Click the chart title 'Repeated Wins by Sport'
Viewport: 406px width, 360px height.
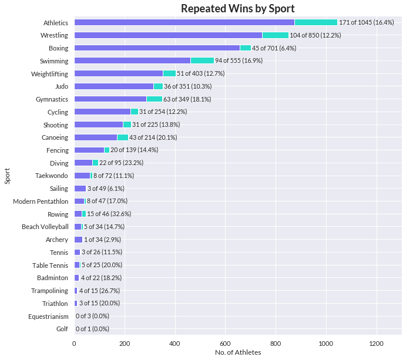point(238,8)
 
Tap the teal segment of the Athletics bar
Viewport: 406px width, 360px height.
point(316,22)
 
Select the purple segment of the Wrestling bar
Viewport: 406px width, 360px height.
point(168,35)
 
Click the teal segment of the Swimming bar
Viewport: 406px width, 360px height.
point(202,60)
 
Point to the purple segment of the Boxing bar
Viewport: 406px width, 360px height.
point(157,48)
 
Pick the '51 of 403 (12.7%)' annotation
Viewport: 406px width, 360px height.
point(200,73)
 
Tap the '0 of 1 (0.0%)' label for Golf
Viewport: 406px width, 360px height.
point(92,329)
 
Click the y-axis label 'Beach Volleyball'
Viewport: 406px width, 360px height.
point(45,227)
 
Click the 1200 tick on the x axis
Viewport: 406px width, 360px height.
point(376,342)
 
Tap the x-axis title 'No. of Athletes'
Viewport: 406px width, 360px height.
point(238,352)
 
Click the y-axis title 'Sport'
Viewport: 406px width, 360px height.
point(8,176)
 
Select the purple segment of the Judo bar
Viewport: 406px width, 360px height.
point(114,86)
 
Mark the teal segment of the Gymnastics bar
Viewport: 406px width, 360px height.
point(155,99)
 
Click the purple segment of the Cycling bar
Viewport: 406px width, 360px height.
point(102,112)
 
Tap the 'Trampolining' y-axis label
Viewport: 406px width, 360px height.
point(50,291)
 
